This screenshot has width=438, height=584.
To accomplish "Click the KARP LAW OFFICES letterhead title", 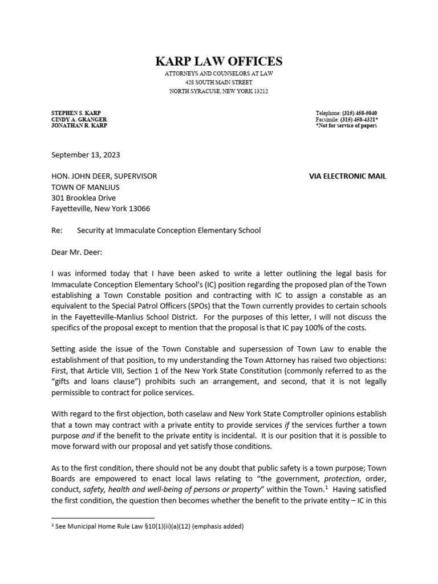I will (x=219, y=61).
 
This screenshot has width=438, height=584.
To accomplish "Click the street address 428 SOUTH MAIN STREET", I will (x=219, y=83).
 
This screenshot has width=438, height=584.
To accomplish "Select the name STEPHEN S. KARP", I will (x=75, y=113).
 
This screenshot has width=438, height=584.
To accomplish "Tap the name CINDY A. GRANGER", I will (x=79, y=119).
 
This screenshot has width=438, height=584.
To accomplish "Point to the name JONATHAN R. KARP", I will (x=79, y=125).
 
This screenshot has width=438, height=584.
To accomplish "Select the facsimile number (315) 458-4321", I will (x=359, y=119).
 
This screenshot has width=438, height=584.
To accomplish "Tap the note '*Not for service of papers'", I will (x=346, y=125).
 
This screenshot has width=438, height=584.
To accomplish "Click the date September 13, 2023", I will (x=86, y=155).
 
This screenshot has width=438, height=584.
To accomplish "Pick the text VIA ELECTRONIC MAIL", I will (x=347, y=176).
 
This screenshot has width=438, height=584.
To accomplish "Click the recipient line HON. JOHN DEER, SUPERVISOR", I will (x=104, y=176).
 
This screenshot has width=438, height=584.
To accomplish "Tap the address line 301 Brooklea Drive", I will (x=83, y=198).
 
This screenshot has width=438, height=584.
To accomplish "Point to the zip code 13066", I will (x=139, y=209).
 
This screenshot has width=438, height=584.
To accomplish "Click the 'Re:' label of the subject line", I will (x=56, y=230).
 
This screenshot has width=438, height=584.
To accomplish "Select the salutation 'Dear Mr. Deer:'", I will (x=76, y=252).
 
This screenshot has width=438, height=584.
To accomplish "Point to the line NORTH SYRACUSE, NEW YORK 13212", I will (x=219, y=91).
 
